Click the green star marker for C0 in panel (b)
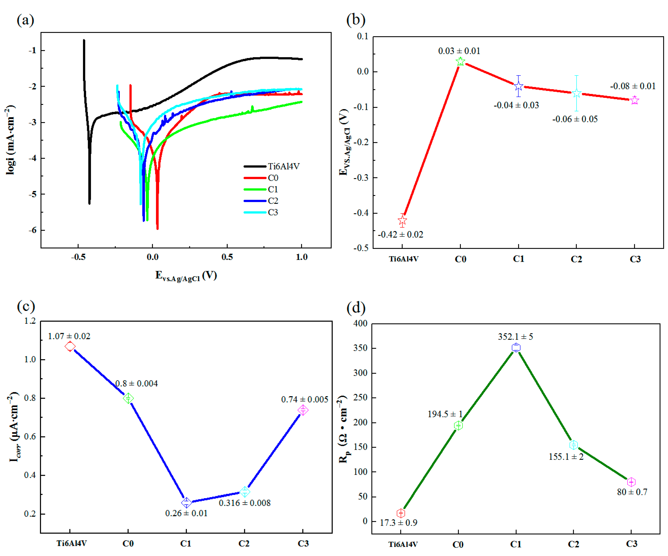460,61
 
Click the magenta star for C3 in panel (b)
634,100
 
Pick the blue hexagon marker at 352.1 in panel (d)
516,348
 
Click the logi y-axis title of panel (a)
11,140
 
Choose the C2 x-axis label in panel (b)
576,259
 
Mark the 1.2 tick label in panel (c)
30,321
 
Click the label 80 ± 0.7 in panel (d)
632,492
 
